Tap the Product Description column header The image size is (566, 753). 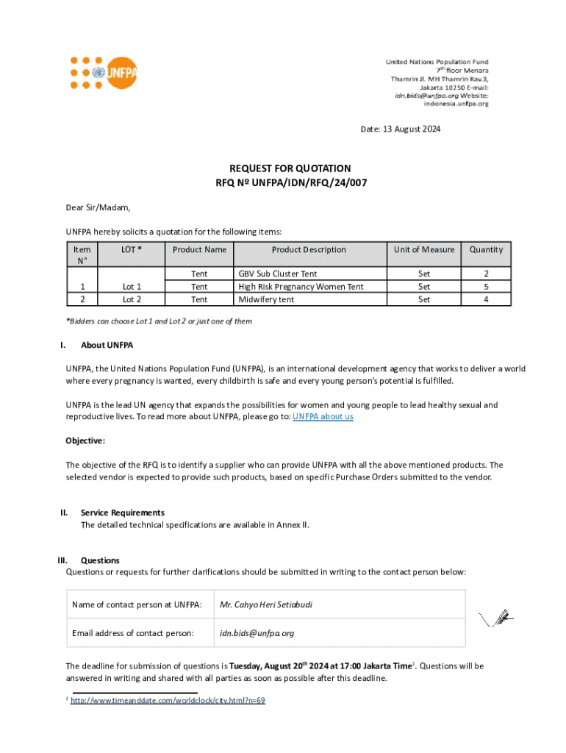[x=308, y=250]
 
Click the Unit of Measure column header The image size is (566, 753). [x=423, y=250]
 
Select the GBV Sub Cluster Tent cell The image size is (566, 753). [x=278, y=274]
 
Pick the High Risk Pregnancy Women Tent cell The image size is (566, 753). [x=301, y=287]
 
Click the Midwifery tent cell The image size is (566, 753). [x=266, y=299]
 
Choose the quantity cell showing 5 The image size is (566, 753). [x=486, y=287]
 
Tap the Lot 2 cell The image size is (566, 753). [x=132, y=299]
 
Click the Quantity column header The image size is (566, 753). [x=486, y=250]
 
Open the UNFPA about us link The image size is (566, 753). [x=323, y=417]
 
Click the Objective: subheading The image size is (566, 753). [x=85, y=441]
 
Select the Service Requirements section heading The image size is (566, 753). [x=122, y=513]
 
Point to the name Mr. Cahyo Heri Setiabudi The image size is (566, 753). [x=266, y=605]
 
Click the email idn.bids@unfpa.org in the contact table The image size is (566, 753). [x=257, y=633]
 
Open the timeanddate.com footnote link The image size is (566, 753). [x=167, y=701]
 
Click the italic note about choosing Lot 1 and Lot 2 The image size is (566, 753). [x=159, y=321]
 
